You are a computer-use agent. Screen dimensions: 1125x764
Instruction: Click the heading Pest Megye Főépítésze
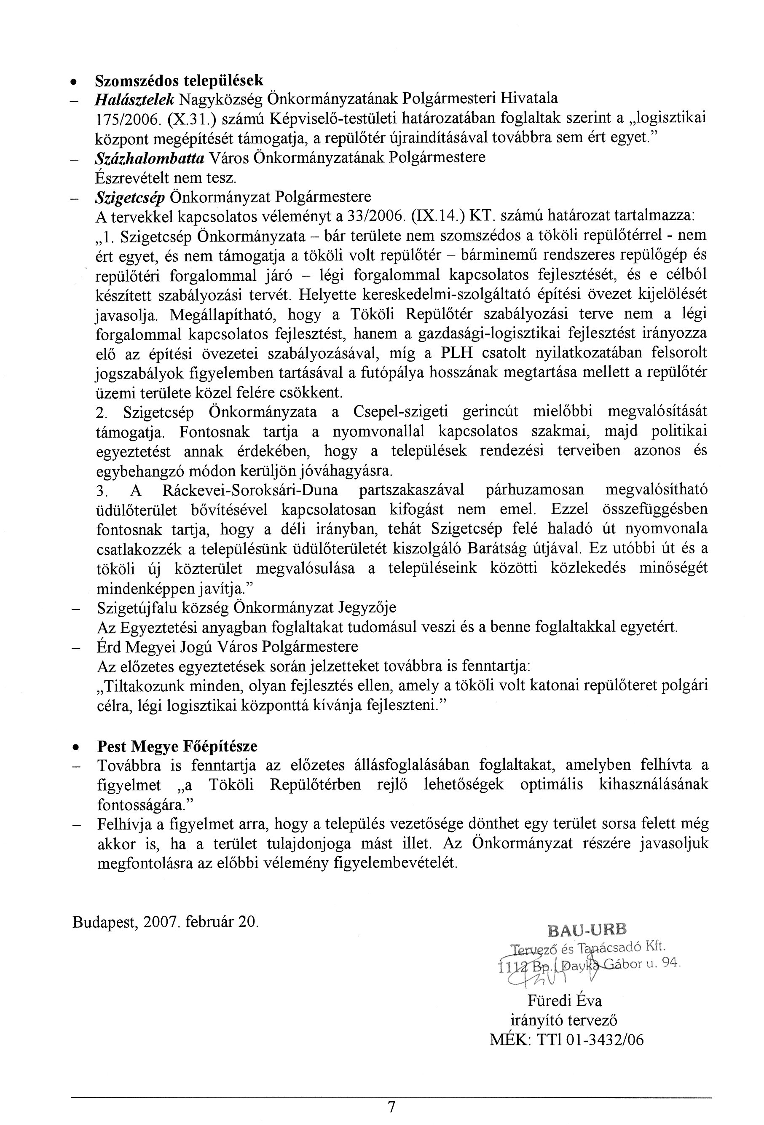177,746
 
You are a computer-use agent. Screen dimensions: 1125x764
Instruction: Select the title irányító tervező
564,1020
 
